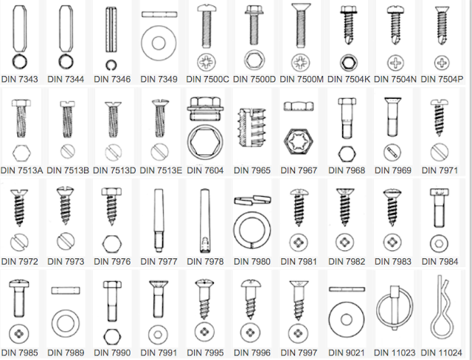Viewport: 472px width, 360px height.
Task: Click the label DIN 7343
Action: (20, 79)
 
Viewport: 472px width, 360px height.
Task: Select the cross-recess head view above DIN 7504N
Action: (395, 63)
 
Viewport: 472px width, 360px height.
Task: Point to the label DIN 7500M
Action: (302, 79)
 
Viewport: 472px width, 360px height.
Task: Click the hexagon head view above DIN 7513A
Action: (21, 153)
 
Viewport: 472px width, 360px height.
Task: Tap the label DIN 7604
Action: (205, 170)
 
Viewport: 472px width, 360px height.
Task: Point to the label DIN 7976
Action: (112, 262)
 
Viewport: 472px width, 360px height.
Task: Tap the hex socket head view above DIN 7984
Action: (440, 243)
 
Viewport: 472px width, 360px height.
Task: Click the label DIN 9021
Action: (347, 353)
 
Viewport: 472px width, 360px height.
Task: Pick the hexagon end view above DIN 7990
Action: (112, 336)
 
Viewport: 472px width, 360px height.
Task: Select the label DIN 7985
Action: (20, 353)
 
